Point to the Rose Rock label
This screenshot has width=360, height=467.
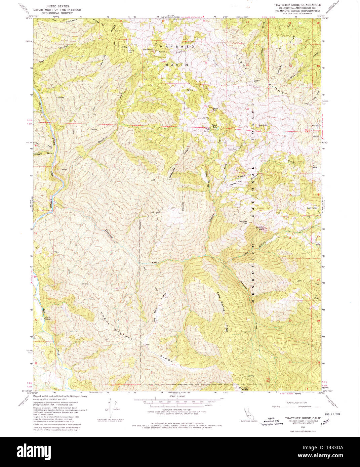pos(315,166)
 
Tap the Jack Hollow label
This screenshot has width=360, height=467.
pos(312,208)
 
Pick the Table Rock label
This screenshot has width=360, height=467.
pos(148,50)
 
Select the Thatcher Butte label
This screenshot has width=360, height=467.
pos(243,389)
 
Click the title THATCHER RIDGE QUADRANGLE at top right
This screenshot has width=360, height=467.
pos(295,5)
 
